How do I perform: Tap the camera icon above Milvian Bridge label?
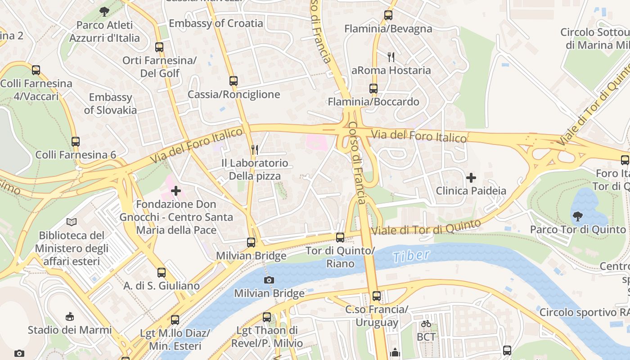(269, 280)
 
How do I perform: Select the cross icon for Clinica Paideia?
(471, 178)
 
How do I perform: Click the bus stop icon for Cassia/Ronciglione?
(233, 81)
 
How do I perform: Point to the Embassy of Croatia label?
(216, 23)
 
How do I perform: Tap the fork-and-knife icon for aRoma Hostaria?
(391, 57)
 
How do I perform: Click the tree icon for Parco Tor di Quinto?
(577, 216)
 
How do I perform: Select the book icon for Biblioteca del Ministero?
(72, 222)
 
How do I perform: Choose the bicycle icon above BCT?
(426, 324)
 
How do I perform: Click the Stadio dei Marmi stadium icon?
(70, 317)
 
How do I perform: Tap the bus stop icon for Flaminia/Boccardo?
(373, 89)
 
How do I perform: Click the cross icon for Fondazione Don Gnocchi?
(176, 191)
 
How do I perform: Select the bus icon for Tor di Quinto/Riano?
(340, 237)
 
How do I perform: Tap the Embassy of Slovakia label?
(110, 103)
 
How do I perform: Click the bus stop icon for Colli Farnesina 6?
(76, 142)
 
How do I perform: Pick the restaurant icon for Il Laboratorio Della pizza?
(255, 149)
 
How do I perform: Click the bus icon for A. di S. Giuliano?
(162, 272)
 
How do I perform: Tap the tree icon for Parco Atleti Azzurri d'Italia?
(104, 12)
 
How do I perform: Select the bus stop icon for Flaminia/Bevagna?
(388, 15)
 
